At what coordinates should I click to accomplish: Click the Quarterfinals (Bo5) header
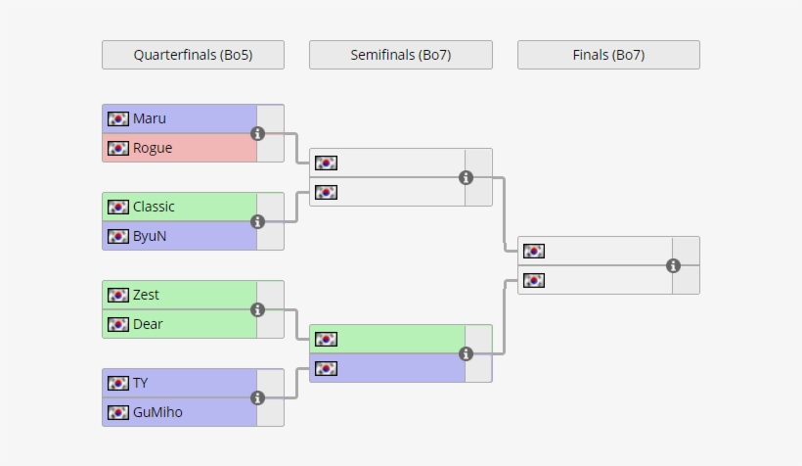point(193,55)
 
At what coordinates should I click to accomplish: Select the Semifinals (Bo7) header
point(400,55)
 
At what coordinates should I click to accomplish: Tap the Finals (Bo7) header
point(608,55)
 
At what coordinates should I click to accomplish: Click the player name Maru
point(150,118)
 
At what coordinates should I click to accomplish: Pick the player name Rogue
point(153,148)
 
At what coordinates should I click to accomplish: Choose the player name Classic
point(154,207)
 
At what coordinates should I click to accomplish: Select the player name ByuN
point(150,236)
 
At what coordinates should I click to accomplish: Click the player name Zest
point(146,295)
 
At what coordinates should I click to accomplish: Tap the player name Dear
point(148,324)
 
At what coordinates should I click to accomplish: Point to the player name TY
point(141,383)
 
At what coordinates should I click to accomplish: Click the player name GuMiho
point(157,412)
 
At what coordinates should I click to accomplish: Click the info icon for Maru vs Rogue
point(258,133)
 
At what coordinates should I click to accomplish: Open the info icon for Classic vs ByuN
point(258,221)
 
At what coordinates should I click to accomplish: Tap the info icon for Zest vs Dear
point(258,309)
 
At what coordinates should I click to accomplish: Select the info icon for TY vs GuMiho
point(258,397)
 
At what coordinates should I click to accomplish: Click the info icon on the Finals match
point(673,265)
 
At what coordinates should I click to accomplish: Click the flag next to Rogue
point(118,148)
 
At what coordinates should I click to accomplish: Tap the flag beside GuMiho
point(118,412)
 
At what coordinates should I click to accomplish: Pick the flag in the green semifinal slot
point(327,339)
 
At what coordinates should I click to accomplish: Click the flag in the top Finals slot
point(534,251)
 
